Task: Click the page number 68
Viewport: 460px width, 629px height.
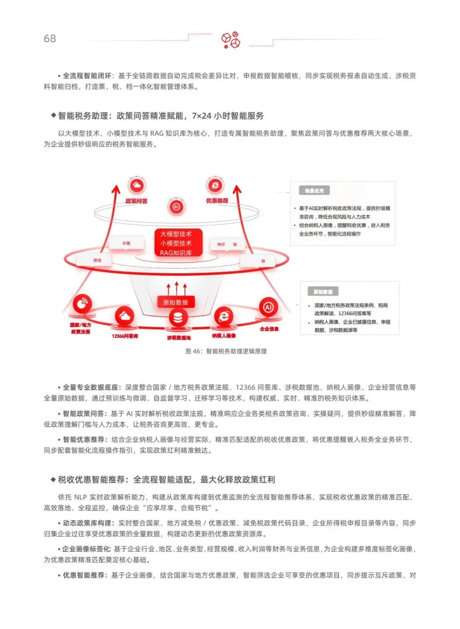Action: (x=50, y=39)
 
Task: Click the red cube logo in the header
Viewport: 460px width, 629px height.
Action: (x=230, y=40)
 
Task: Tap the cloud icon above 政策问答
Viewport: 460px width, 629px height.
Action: (x=136, y=186)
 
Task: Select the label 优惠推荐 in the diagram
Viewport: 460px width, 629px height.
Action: (x=217, y=201)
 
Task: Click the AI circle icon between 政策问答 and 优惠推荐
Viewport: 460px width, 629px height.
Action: (x=176, y=207)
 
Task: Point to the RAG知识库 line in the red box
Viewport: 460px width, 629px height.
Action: (x=175, y=253)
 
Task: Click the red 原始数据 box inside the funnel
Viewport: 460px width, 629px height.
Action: (x=175, y=302)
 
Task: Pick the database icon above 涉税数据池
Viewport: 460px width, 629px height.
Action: (x=178, y=318)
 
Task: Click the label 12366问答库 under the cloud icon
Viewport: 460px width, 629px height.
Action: (x=125, y=336)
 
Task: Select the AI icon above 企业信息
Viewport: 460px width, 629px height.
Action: (x=268, y=307)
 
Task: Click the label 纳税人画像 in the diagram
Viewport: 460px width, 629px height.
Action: (x=224, y=336)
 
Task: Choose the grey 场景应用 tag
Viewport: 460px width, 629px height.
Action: (x=314, y=191)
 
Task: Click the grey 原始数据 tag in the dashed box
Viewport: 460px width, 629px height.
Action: (x=323, y=292)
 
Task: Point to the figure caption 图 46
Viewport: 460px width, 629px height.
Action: (x=226, y=351)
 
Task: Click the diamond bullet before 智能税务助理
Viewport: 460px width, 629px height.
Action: (x=53, y=115)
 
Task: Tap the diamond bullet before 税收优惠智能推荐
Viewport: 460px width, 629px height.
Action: (x=53, y=479)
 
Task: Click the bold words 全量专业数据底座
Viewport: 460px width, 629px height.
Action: (x=90, y=387)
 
